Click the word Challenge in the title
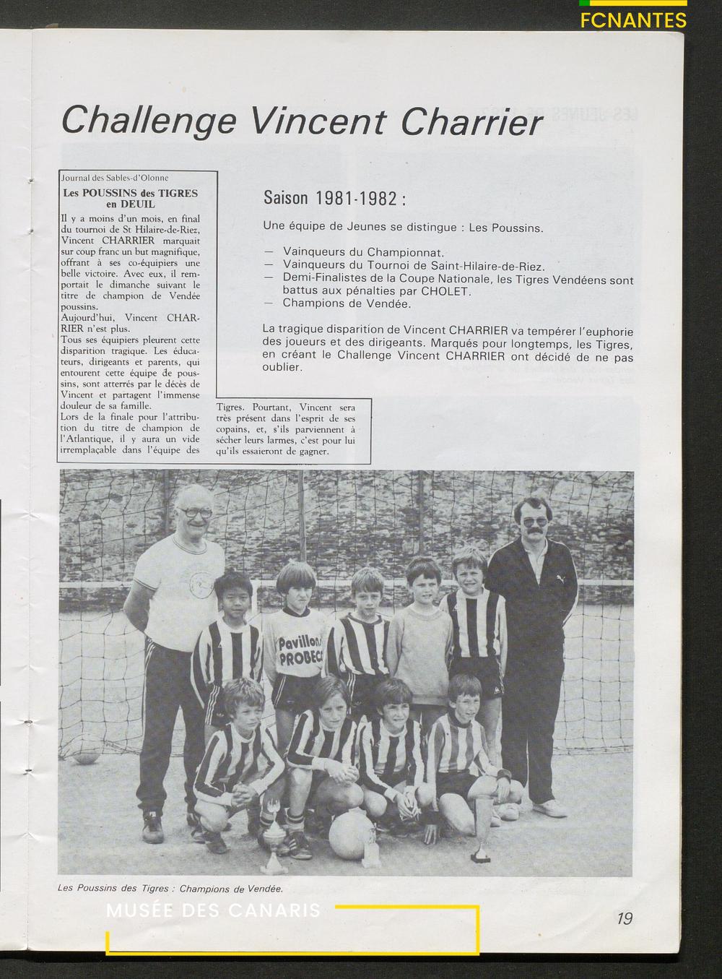tap(148, 120)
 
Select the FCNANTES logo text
tap(632, 20)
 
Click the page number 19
tap(625, 918)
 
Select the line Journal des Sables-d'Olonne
tap(115, 178)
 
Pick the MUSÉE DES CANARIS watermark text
tap(213, 910)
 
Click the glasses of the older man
tap(194, 512)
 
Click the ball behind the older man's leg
tap(86, 756)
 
